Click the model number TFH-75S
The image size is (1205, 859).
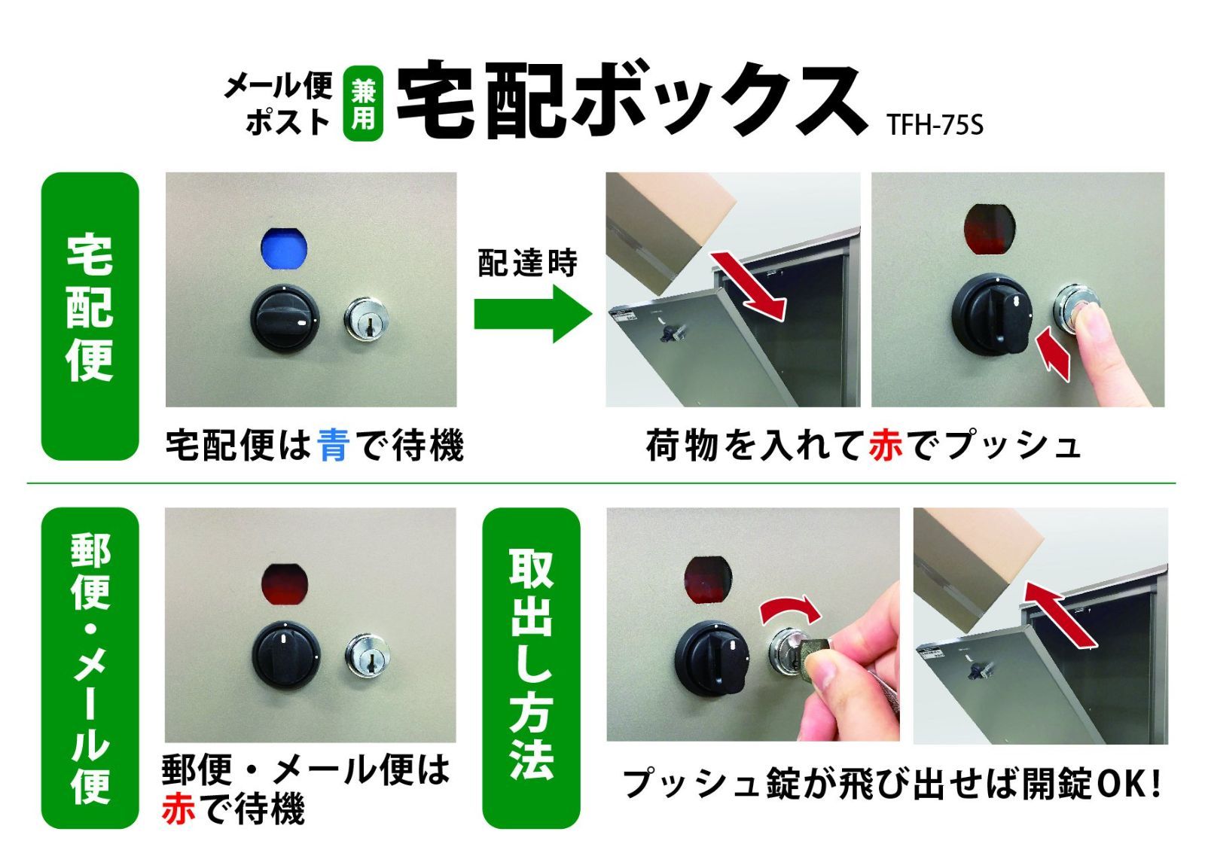(x=935, y=125)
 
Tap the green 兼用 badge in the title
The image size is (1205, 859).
(x=363, y=103)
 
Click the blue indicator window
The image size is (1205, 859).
(x=283, y=248)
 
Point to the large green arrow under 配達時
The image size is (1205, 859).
(x=532, y=314)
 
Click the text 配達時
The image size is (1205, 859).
(x=527, y=263)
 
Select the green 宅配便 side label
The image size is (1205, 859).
(x=90, y=315)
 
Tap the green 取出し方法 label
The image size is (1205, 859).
(x=531, y=668)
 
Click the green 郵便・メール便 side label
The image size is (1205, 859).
(x=90, y=668)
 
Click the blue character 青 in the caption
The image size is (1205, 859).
(x=334, y=446)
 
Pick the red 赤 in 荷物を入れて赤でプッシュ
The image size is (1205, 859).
(x=886, y=446)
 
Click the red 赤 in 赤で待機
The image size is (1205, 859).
(x=178, y=809)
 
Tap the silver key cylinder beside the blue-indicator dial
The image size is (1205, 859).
(x=366, y=320)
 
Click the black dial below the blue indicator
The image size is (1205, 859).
(x=285, y=318)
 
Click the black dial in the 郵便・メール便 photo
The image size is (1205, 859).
(x=286, y=655)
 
